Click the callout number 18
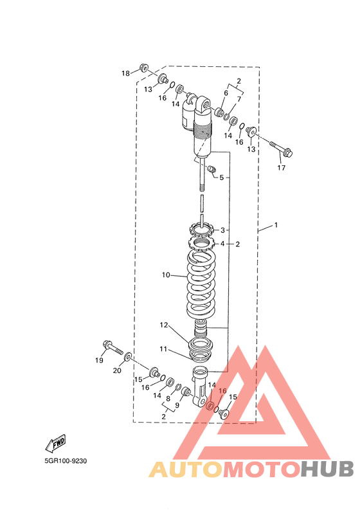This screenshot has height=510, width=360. coord(125,73)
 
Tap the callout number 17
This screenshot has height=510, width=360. coord(281,168)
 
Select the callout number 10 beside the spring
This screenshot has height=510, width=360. coord(166,275)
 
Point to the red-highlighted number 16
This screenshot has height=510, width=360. coord(222,391)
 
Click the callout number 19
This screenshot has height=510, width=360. coord(99,360)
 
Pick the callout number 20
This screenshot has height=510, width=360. coord(117,370)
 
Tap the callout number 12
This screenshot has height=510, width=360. coord(164,325)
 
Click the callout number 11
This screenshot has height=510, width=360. coord(163,349)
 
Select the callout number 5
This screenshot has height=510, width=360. coord(221,178)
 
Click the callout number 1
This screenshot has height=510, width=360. coord(276,225)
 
